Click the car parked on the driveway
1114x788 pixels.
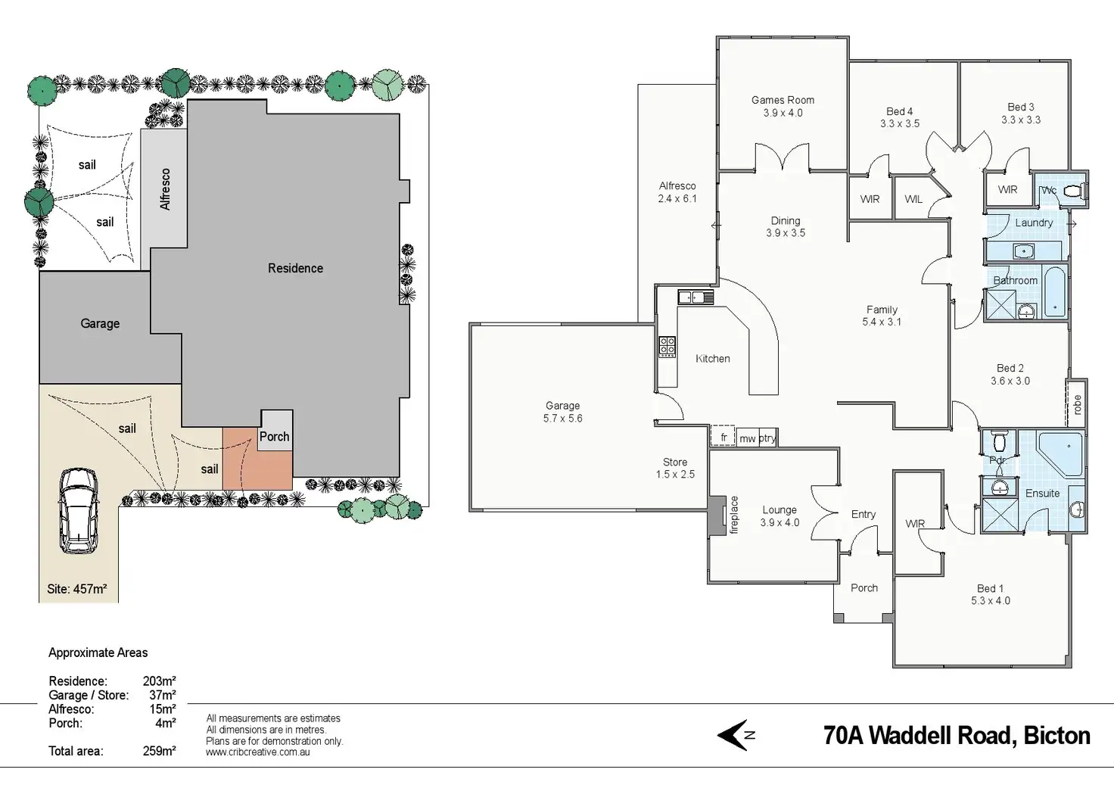click(x=79, y=509)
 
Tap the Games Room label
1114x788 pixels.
click(x=783, y=100)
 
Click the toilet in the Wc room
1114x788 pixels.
click(x=1074, y=192)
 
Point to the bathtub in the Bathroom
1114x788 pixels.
click(x=1054, y=291)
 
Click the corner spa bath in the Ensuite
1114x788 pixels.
click(x=1060, y=453)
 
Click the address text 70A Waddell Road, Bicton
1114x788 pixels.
click(x=957, y=736)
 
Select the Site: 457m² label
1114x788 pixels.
click(x=76, y=589)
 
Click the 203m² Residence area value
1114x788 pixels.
click(x=159, y=681)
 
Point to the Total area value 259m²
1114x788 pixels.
click(x=159, y=751)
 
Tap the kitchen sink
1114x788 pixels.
click(x=695, y=297)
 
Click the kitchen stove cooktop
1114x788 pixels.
click(x=667, y=347)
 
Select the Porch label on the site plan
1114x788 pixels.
click(x=274, y=437)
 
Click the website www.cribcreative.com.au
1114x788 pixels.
click(x=257, y=752)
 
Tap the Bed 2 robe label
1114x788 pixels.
click(x=1077, y=404)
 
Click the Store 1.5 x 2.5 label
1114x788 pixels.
click(x=675, y=469)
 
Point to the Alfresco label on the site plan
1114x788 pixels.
click(x=164, y=188)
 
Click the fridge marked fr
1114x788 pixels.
click(x=723, y=438)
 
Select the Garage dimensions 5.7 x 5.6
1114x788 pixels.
click(x=562, y=419)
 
